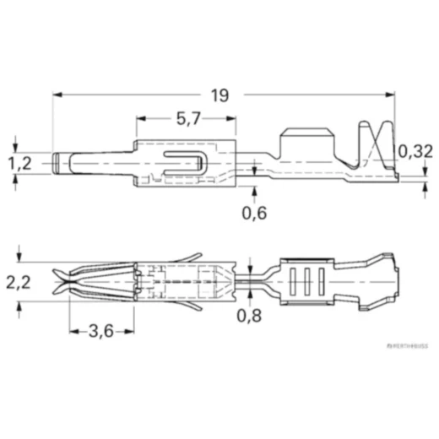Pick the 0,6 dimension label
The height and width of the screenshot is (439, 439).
pyautogui.click(x=254, y=213)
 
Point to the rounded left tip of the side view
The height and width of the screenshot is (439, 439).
pyautogui.click(x=57, y=162)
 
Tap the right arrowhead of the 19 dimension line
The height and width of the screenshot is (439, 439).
pyautogui.click(x=393, y=95)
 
